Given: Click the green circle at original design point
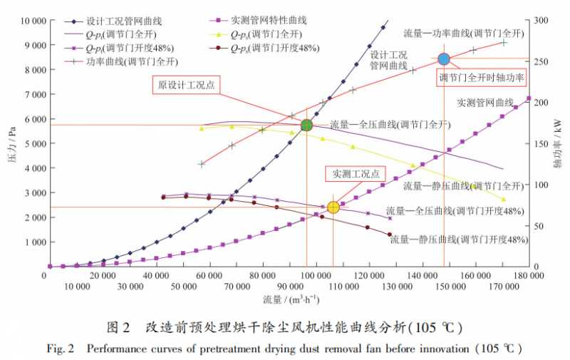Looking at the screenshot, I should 306,125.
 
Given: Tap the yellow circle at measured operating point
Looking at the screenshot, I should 333,207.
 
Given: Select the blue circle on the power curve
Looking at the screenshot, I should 444,59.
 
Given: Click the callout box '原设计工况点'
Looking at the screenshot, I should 186,85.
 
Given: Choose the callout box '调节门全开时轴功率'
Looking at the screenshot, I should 482,77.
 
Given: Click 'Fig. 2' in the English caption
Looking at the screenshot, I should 61,349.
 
